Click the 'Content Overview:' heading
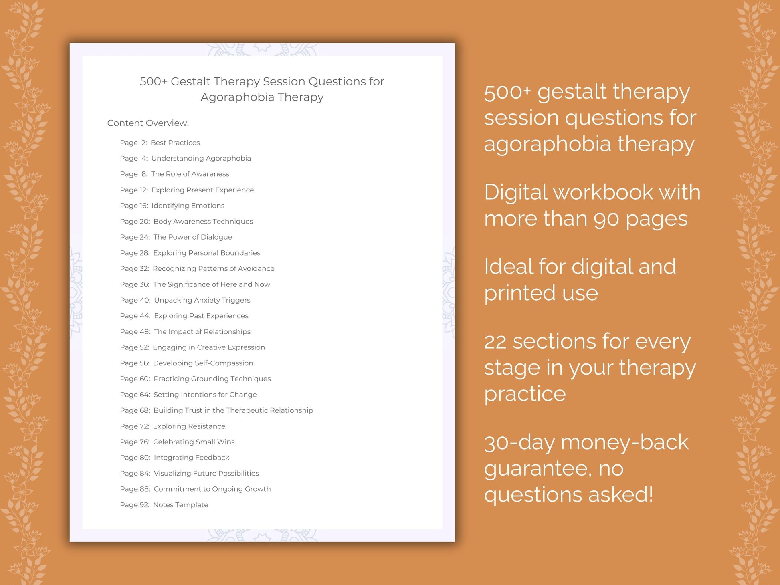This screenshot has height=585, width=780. coord(148,123)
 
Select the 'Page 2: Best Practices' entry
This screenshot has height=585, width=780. coord(160,143)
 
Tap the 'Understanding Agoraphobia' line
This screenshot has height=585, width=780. coord(201,158)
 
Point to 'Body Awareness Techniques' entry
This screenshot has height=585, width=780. coord(203,221)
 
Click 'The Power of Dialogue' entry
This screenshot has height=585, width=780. coord(192,237)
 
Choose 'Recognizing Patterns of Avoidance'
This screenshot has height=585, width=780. coord(213,268)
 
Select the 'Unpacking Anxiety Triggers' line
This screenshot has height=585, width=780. coord(202,300)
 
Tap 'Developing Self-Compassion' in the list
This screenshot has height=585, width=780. coord(203,363)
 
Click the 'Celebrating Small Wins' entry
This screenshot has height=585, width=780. coord(194,442)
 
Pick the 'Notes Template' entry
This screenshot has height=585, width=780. coord(180,505)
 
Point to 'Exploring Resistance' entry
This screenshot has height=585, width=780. coord(189,426)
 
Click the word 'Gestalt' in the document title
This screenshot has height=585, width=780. coord(190,81)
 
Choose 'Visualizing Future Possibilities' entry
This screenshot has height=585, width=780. coord(206,473)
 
